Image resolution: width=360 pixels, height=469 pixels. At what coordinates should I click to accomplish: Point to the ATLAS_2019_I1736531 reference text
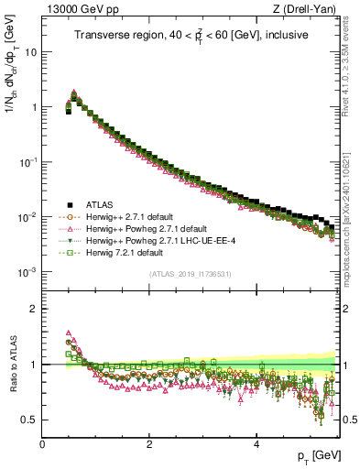pyautogui.click(x=191, y=274)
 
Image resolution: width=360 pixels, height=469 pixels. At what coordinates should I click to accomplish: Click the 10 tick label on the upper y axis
pyautogui.click(x=31, y=51)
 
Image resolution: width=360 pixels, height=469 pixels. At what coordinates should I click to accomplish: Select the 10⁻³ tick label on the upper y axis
pyautogui.click(x=27, y=272)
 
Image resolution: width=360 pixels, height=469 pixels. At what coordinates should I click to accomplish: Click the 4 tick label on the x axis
pyautogui.click(x=256, y=444)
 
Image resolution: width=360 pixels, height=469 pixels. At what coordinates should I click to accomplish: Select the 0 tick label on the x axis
pyautogui.click(x=43, y=444)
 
